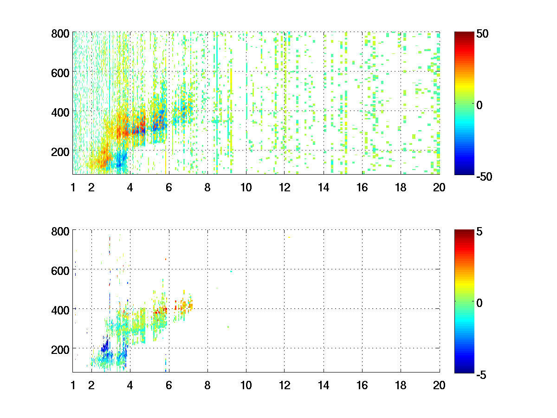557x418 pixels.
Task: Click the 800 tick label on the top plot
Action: (60, 33)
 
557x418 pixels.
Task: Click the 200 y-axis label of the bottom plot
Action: (60, 348)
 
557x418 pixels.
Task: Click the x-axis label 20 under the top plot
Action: (439, 188)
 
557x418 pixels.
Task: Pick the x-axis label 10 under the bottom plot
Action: (246, 385)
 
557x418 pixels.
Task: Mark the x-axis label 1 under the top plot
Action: (73, 188)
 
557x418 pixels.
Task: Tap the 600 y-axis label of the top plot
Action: (60, 72)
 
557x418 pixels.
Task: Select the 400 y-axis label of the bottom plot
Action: (60, 309)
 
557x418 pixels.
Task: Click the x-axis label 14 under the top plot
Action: (324, 188)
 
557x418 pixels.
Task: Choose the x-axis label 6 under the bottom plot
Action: (169, 385)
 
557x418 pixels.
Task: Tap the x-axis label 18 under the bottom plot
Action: (401, 385)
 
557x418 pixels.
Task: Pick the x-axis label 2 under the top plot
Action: (91, 188)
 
